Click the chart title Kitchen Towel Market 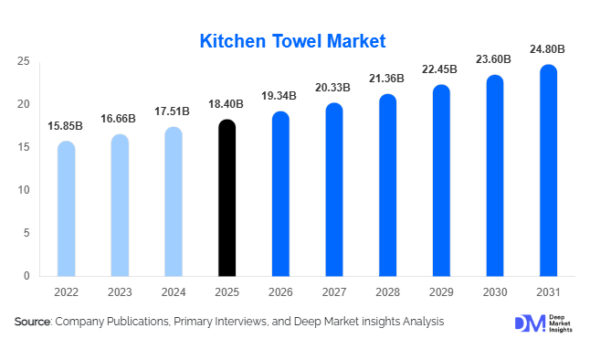pos(293,41)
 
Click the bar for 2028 pos(388,185)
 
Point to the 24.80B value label pos(548,48)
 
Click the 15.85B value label pos(67,125)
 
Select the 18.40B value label pos(227,104)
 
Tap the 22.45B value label pos(441,69)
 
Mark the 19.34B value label pos(280,96)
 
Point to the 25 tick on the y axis pos(25,61)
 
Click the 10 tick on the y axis pos(25,190)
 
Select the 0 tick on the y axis pos(27,276)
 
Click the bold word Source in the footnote pos(33,322)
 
